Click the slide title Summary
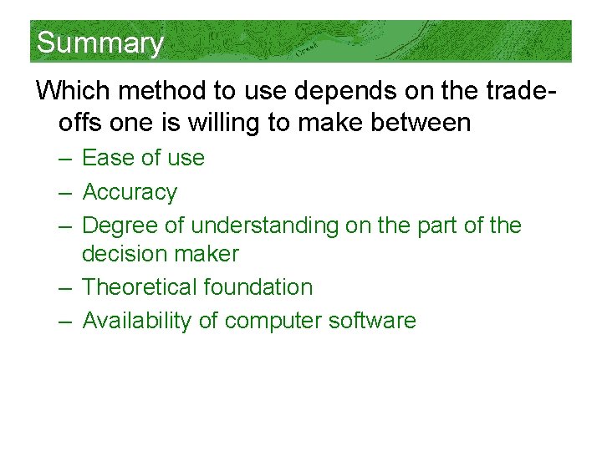(99, 43)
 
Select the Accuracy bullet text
(130, 192)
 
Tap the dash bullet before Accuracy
(66, 192)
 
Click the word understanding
(263, 225)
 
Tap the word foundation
(258, 287)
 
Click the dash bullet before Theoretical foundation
(66, 287)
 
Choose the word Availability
(137, 321)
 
